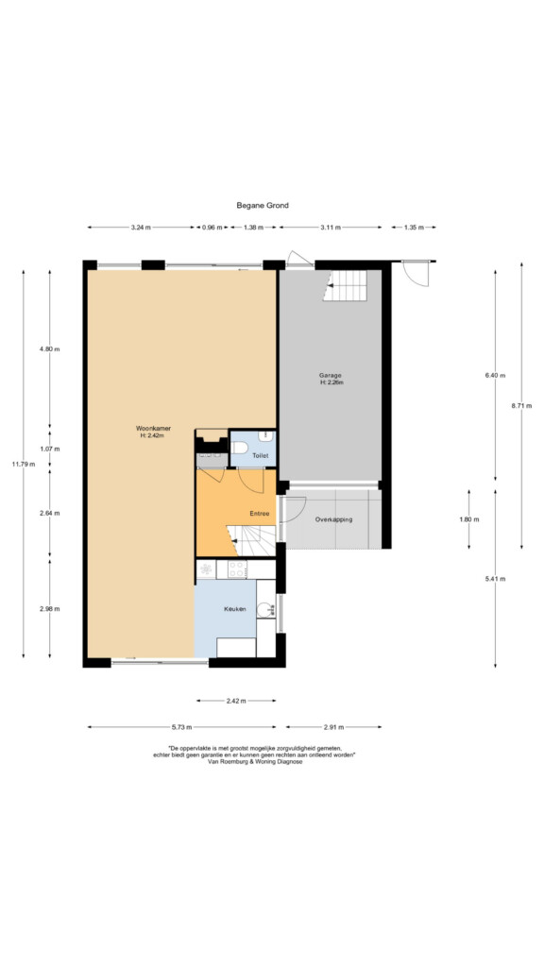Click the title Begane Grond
tap(263, 205)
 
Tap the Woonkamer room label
tap(153, 428)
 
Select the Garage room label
tap(330, 375)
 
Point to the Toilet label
tap(261, 456)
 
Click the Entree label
tap(259, 513)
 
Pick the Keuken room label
tap(234, 609)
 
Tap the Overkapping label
tap(333, 519)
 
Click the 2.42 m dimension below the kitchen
tap(236, 701)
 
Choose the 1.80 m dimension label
tap(468, 519)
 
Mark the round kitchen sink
tap(265, 610)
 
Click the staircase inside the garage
tap(345, 285)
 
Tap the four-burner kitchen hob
tap(237, 569)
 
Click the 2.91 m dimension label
tap(333, 726)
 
